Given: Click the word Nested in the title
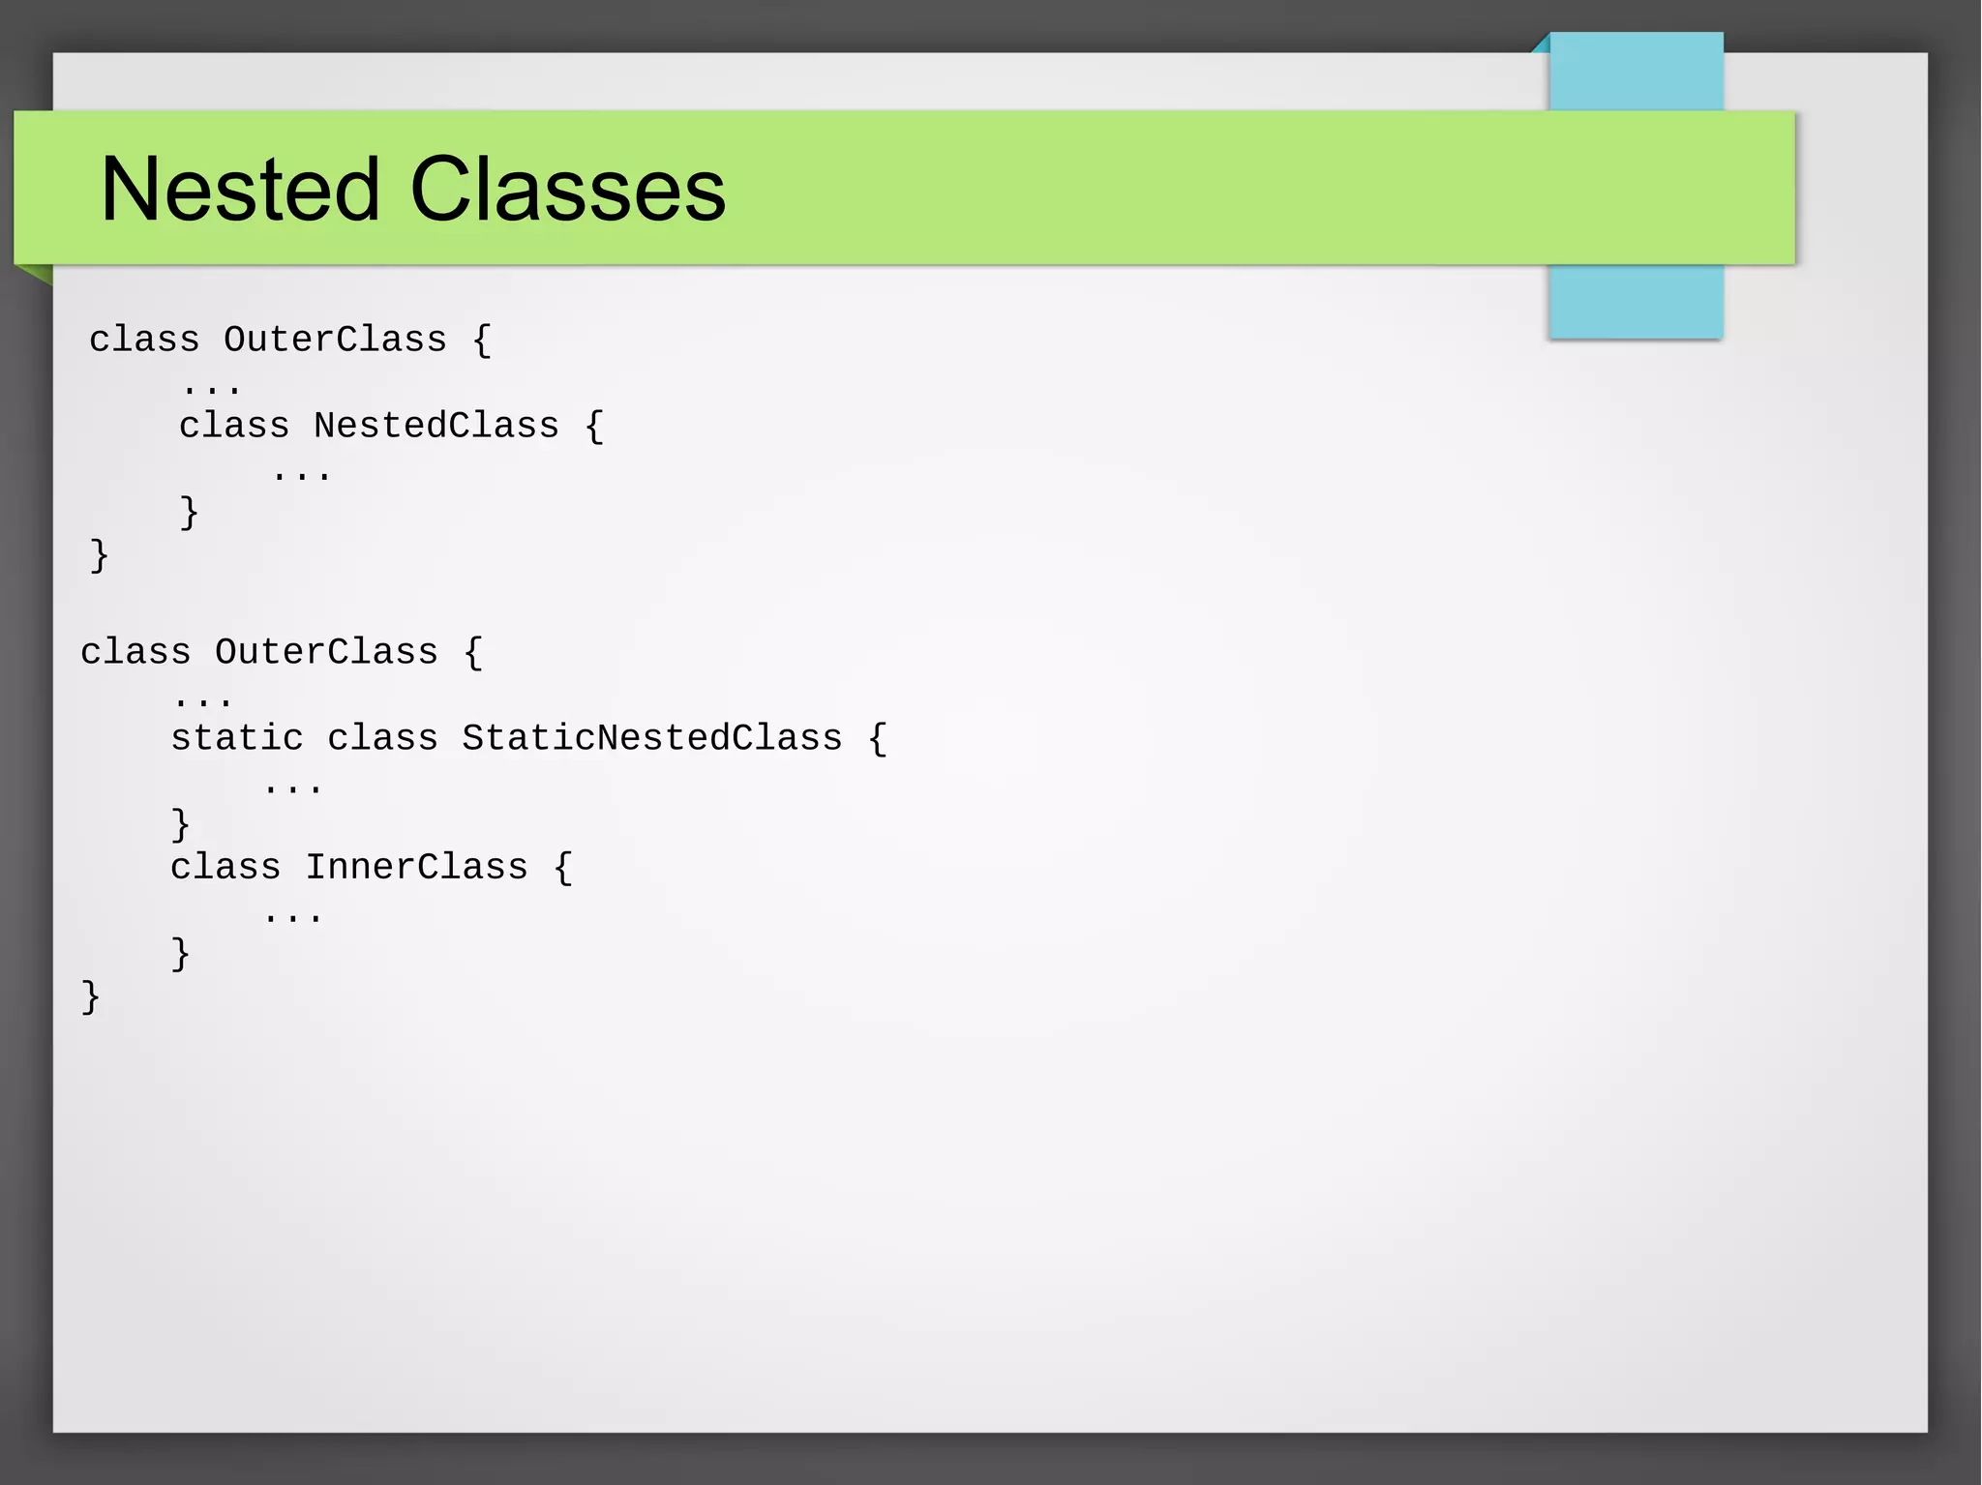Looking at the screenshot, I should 240,190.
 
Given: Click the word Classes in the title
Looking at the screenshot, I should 567,190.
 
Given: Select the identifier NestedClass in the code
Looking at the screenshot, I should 436,426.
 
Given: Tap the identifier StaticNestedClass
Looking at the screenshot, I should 651,738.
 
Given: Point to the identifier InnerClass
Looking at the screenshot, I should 417,867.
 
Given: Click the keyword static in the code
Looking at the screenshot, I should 237,738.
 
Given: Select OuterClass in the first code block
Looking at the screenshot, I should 335,340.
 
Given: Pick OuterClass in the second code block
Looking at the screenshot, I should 326,652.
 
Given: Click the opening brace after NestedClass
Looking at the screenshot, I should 594,427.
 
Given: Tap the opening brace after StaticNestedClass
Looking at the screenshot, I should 877,739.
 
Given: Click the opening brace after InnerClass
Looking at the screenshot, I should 563,868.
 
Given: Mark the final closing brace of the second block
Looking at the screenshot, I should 90,996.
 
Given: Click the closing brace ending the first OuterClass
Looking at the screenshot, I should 99,555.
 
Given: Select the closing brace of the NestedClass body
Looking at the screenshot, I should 189,512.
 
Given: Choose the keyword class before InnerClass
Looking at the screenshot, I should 225,867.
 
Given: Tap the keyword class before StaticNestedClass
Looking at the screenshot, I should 382,738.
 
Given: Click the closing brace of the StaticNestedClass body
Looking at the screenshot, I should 180,824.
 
